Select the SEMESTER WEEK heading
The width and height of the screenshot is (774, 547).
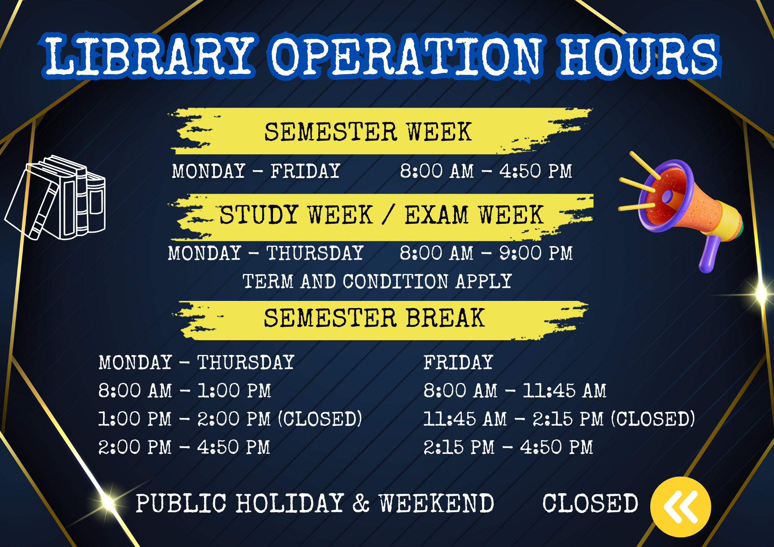pyautogui.click(x=368, y=132)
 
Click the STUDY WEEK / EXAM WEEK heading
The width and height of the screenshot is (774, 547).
pyautogui.click(x=382, y=215)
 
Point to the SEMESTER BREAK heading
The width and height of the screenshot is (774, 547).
pyautogui.click(x=374, y=318)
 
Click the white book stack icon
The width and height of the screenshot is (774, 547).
pyautogui.click(x=55, y=198)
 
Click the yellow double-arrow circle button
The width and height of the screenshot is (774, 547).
pyautogui.click(x=681, y=507)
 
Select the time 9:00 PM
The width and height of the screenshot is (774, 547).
pyautogui.click(x=536, y=253)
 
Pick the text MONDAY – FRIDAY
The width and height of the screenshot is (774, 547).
pyautogui.click(x=256, y=171)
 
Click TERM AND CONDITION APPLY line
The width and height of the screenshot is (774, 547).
pyautogui.click(x=377, y=281)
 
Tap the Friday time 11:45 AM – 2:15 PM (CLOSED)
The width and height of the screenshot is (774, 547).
pyautogui.click(x=559, y=419)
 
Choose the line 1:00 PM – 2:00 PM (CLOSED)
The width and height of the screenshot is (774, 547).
pyautogui.click(x=230, y=419)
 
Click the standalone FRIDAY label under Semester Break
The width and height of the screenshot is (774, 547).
pyautogui.click(x=458, y=362)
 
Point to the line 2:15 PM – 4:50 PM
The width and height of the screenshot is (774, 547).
pyautogui.click(x=508, y=447)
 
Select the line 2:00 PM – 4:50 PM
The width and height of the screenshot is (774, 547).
pyautogui.click(x=184, y=447)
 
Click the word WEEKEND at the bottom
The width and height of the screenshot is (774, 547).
pyautogui.click(x=436, y=503)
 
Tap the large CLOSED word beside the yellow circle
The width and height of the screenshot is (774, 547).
pyautogui.click(x=590, y=503)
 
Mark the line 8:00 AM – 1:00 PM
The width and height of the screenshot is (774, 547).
pyautogui.click(x=185, y=391)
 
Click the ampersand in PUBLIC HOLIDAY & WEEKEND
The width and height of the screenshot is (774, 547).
pyautogui.click(x=361, y=503)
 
